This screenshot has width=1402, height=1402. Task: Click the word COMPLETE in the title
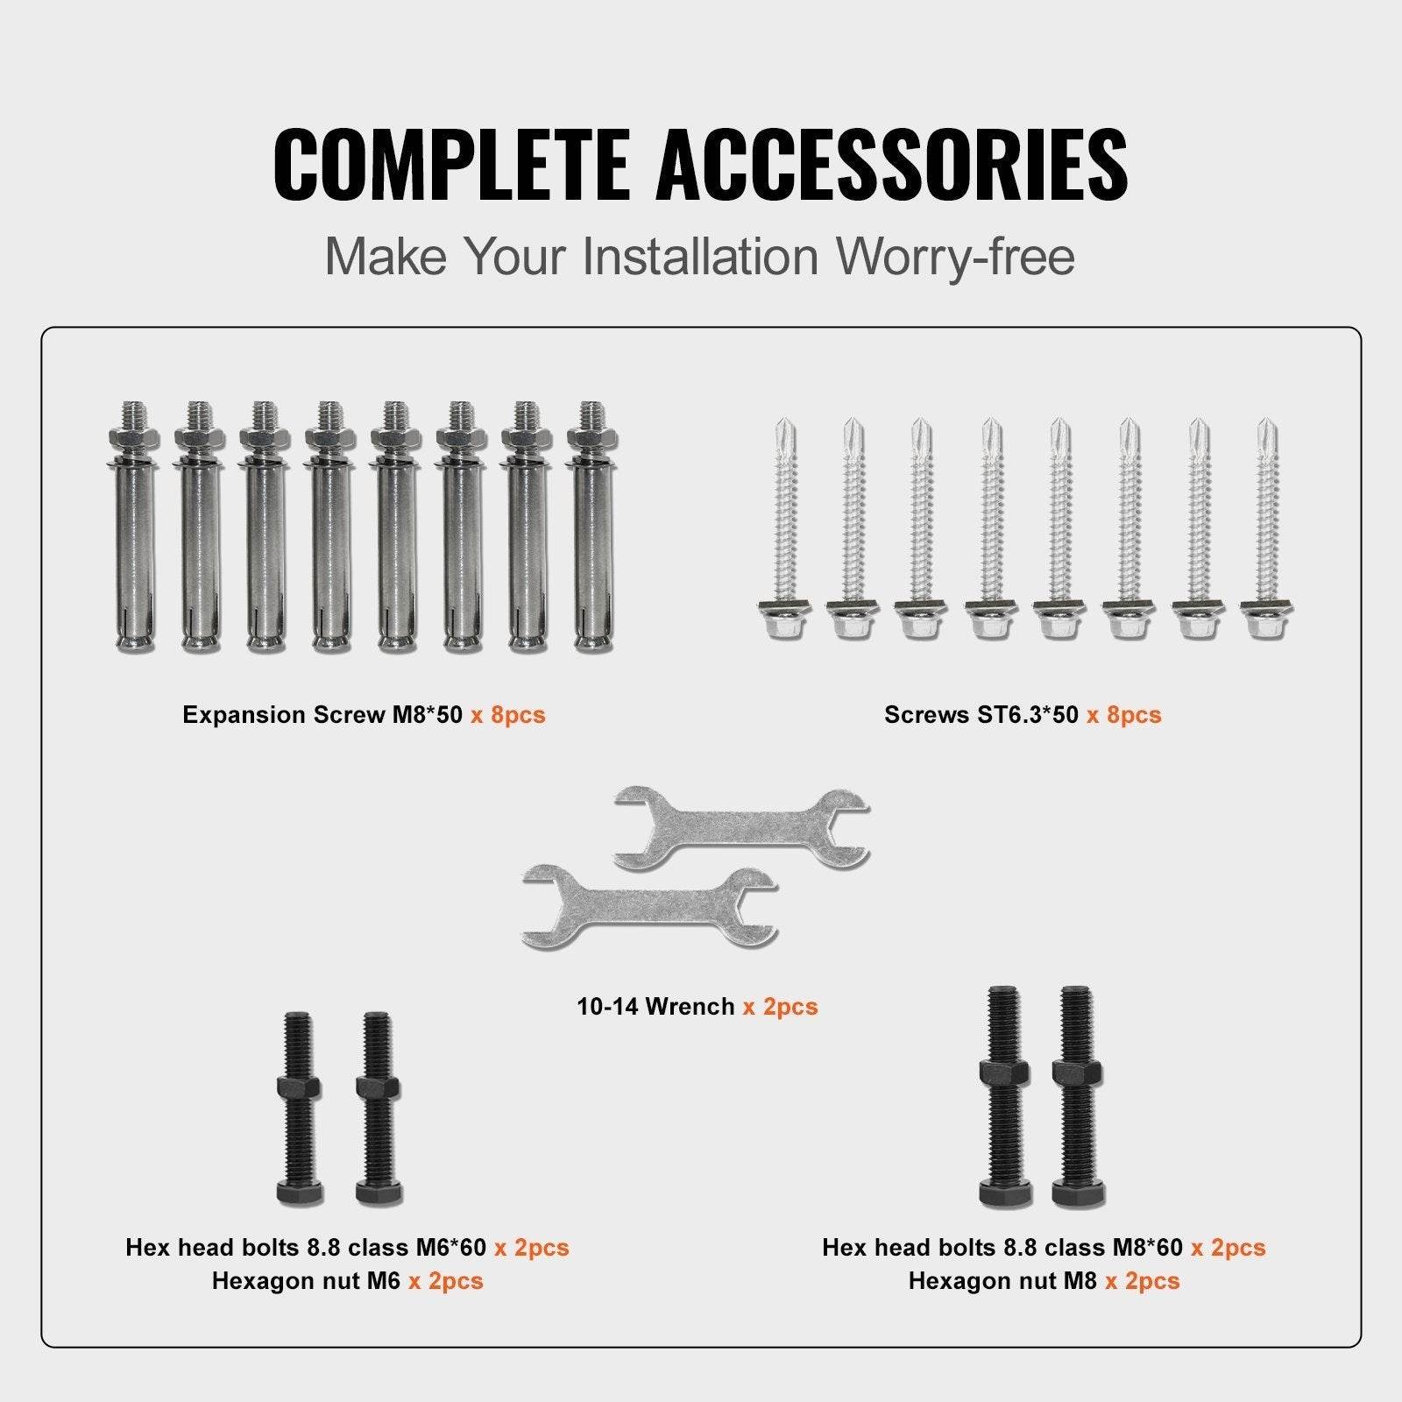(451, 164)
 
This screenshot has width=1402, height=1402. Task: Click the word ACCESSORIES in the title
(891, 164)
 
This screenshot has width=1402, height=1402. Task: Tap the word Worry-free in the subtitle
(954, 257)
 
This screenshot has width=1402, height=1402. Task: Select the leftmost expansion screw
(136, 526)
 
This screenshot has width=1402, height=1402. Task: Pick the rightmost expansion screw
(591, 526)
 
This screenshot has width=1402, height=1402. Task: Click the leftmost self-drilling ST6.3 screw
(784, 526)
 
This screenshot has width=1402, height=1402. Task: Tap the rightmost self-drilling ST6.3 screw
(1267, 526)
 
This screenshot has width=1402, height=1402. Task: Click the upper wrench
(740, 828)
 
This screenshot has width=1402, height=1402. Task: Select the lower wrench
(648, 907)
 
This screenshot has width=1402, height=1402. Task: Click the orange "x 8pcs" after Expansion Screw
(507, 715)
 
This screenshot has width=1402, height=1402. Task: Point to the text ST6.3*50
(1028, 715)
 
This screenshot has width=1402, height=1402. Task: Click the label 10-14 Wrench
(655, 1007)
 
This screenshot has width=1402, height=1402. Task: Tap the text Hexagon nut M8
(1002, 1281)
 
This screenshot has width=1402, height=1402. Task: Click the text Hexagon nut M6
(306, 1281)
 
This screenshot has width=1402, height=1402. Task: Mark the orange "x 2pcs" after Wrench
(780, 1007)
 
